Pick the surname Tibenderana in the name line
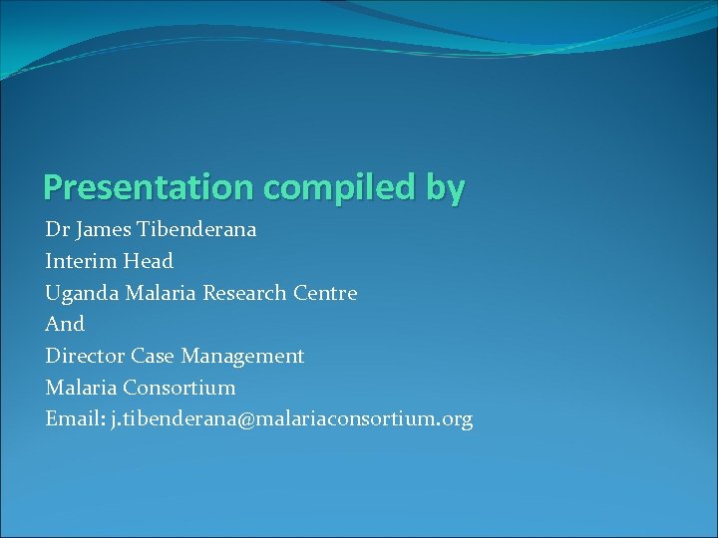coord(199,229)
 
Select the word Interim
coord(81,261)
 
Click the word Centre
coord(325,293)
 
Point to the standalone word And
coord(65,324)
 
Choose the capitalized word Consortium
coord(179,388)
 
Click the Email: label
coord(74,419)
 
